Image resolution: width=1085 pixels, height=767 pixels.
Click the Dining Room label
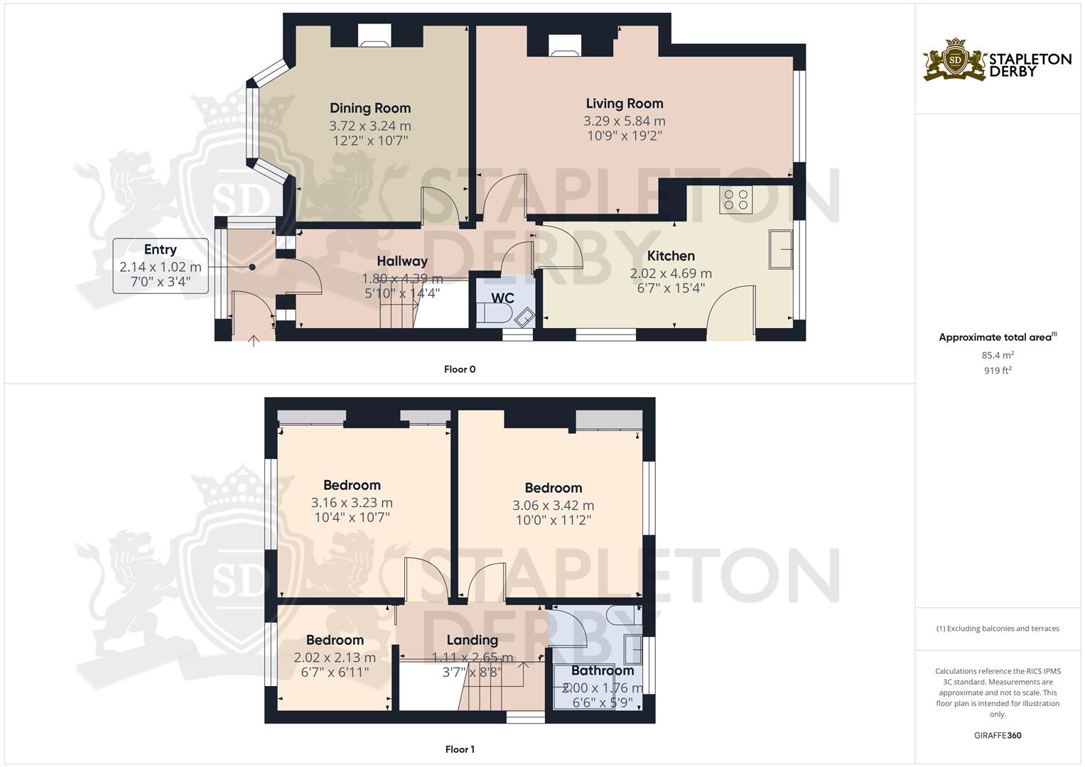369,108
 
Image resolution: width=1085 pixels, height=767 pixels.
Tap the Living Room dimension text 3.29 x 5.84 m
624,121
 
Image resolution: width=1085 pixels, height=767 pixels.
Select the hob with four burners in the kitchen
735,199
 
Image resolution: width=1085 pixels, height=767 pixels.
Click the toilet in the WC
495,314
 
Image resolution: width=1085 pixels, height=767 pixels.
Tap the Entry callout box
161,266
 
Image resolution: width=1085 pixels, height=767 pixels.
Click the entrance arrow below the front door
253,342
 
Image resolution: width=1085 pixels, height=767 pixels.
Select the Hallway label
402,261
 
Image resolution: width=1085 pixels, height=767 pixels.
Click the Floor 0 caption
459,369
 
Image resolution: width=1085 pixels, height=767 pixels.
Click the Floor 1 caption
459,749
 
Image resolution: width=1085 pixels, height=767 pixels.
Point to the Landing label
472,640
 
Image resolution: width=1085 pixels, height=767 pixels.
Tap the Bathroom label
603,670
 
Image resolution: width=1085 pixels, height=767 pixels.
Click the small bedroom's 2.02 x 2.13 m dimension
334,658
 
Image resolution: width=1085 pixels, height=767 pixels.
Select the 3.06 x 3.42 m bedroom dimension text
553,506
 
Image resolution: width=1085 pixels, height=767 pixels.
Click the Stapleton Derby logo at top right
997,60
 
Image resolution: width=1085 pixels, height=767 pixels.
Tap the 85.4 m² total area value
998,355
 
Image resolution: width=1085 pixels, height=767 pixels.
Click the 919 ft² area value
998,371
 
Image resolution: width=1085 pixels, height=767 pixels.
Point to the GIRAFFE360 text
998,736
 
